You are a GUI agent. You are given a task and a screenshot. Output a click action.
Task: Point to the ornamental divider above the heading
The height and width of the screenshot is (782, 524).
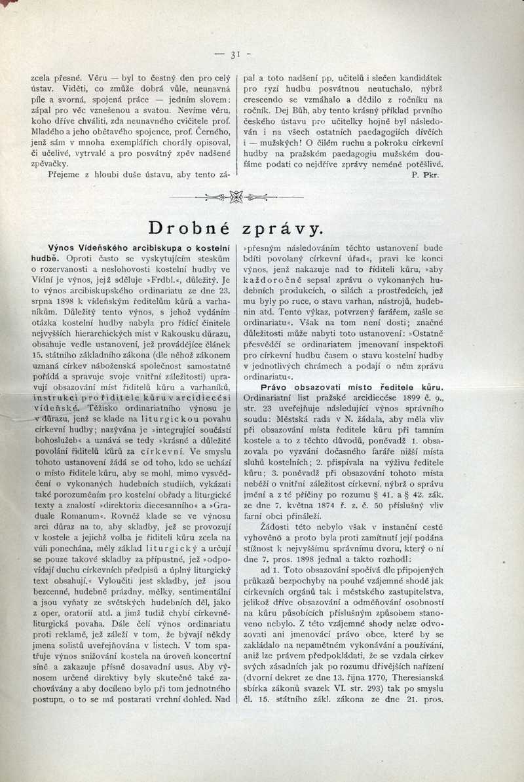tap(236, 196)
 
